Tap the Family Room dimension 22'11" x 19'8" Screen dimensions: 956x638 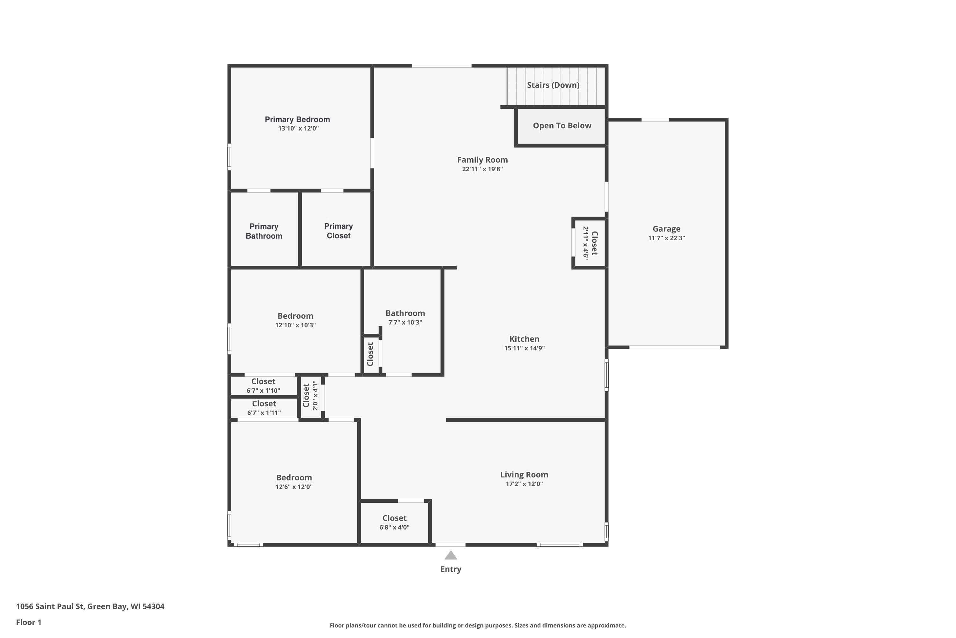(x=482, y=169)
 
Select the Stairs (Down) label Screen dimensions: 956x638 (x=553, y=85)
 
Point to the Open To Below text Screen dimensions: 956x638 (x=562, y=126)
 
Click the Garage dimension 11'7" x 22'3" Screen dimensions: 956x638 (x=667, y=238)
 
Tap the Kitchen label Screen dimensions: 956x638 (x=524, y=339)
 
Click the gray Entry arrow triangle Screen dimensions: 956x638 (x=451, y=555)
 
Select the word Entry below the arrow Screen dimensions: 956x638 (x=451, y=569)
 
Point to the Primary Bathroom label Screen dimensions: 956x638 (x=264, y=231)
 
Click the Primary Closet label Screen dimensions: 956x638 (x=338, y=231)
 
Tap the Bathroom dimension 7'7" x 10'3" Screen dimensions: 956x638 (x=405, y=322)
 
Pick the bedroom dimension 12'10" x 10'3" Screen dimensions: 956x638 (x=295, y=325)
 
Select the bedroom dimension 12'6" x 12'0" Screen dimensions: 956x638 (x=294, y=487)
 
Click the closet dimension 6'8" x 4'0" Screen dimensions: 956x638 (x=394, y=527)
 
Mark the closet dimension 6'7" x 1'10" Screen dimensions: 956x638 (x=264, y=390)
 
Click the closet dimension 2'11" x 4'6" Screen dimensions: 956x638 (x=586, y=243)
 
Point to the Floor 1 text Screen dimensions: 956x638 (x=29, y=622)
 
